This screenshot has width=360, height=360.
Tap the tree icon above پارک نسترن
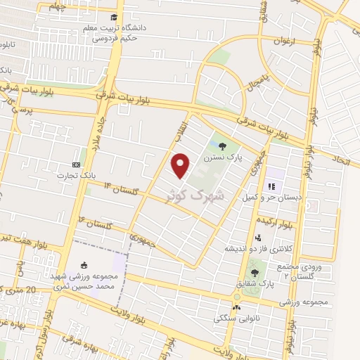223,147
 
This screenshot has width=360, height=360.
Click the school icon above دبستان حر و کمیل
271,186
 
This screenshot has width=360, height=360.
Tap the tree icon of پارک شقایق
254,273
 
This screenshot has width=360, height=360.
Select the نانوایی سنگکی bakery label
237,318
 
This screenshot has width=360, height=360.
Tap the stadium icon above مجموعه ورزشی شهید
85,266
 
